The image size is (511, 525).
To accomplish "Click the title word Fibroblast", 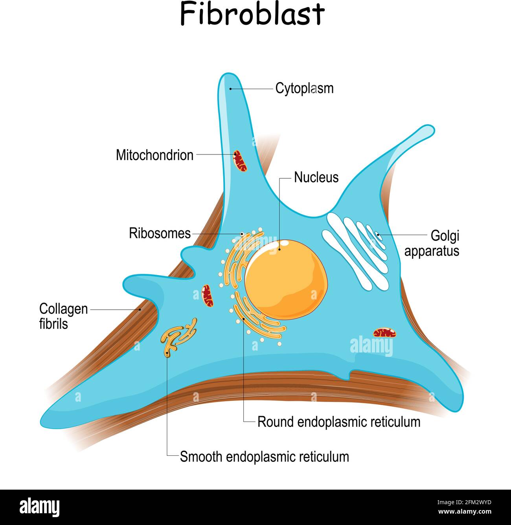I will click(x=252, y=14).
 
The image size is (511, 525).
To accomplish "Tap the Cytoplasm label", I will click(x=304, y=88).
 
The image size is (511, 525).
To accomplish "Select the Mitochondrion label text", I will click(x=154, y=155).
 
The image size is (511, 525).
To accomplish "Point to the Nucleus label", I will click(x=316, y=177).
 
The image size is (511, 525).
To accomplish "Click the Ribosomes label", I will click(x=160, y=233).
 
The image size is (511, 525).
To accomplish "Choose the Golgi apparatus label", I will click(x=432, y=243).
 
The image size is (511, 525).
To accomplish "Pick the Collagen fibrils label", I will click(x=63, y=316).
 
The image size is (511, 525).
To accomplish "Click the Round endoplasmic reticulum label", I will click(x=338, y=422).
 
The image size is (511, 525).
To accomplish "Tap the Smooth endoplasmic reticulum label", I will click(x=264, y=457).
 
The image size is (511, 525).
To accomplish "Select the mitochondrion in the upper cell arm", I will click(x=240, y=160).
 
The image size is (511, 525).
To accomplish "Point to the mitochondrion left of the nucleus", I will click(x=207, y=296).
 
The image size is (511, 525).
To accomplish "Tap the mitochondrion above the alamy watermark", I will click(x=384, y=333).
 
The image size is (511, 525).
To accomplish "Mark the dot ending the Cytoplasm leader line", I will click(x=231, y=89).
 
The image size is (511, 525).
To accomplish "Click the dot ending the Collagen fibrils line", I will click(x=140, y=310).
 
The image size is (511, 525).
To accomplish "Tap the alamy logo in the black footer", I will click(x=40, y=507).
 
